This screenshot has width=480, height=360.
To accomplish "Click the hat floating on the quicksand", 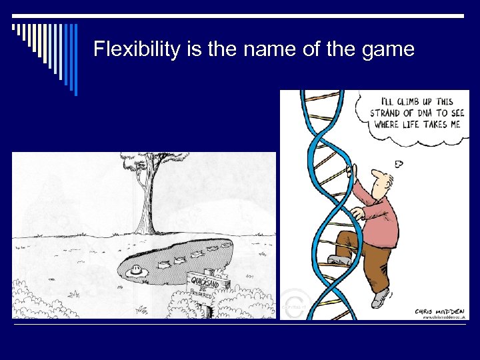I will (x=137, y=271).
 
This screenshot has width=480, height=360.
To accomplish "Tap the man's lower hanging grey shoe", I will (x=380, y=299).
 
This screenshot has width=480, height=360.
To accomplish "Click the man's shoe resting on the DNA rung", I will (x=339, y=261).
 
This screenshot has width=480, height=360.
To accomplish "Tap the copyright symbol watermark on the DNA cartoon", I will (x=291, y=303).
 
